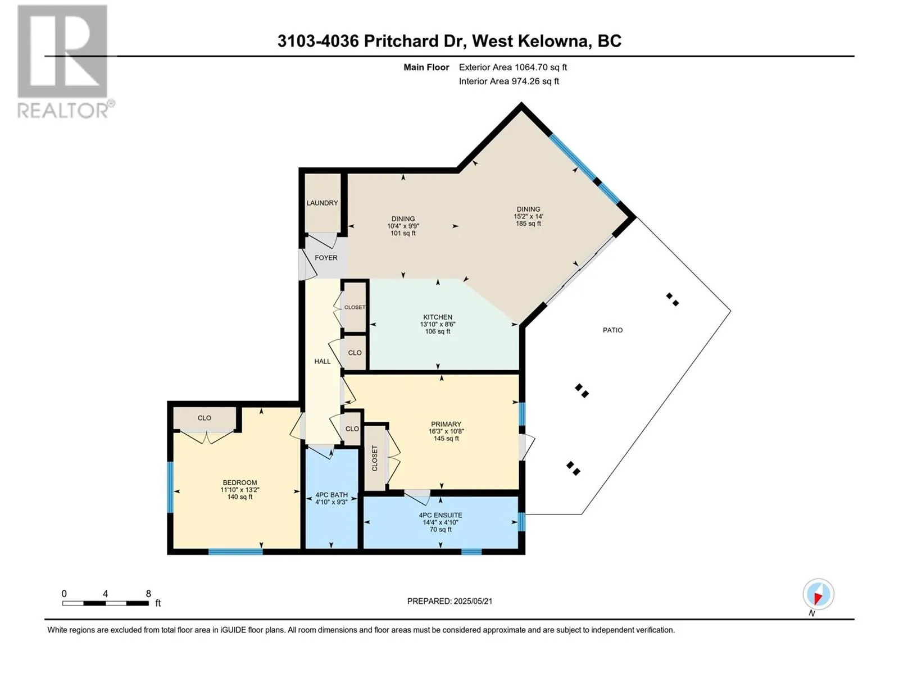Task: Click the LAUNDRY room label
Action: tap(322, 203)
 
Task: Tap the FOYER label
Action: tap(325, 258)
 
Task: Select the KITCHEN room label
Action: tap(437, 317)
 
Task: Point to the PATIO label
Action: tap(612, 330)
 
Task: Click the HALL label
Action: tap(323, 361)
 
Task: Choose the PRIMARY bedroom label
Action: tap(446, 425)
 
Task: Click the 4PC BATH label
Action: tap(332, 495)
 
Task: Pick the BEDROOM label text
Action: tap(239, 483)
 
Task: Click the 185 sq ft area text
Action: tap(528, 224)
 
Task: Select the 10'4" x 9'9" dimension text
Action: tap(403, 226)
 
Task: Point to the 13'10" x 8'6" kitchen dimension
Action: tap(437, 324)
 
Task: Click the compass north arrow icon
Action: tap(818, 595)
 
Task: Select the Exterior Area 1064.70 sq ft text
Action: tap(513, 67)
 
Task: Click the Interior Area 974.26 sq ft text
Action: tap(508, 81)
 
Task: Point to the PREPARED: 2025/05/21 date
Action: tap(449, 601)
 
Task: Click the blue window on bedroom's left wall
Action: tap(170, 487)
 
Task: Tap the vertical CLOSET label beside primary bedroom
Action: tap(374, 458)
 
